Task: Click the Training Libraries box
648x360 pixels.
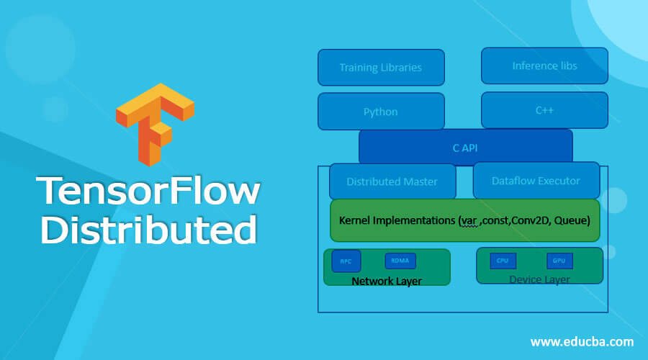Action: coord(381,68)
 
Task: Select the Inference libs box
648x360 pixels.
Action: coord(544,66)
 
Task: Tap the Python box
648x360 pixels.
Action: coord(381,112)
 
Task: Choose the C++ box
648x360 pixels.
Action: coord(544,110)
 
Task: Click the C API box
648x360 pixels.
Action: coord(465,148)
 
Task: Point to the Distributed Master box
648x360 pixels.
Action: coord(392,181)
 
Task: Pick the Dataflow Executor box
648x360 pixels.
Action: coord(536,181)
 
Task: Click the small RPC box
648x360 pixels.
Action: coord(346,261)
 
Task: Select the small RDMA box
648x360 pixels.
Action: coord(400,261)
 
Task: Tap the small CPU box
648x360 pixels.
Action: coord(503,261)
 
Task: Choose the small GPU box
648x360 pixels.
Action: coord(559,261)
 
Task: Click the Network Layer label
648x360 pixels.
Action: coord(387,281)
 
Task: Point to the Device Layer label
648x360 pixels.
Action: coord(539,279)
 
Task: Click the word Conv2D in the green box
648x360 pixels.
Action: coord(534,220)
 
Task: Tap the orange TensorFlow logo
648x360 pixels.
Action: coord(155,124)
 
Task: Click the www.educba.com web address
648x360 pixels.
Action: coord(582,341)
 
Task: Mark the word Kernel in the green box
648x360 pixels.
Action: coord(355,220)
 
